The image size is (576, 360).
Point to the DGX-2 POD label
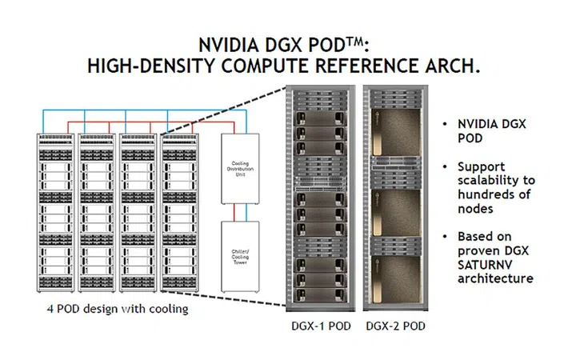(x=395, y=326)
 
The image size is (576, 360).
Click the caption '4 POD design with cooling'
(x=117, y=309)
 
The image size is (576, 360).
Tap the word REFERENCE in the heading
(x=362, y=66)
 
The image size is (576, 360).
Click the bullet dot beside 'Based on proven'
(x=445, y=237)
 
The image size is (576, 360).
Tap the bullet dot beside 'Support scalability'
(x=445, y=166)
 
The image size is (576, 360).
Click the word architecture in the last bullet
(x=494, y=278)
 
